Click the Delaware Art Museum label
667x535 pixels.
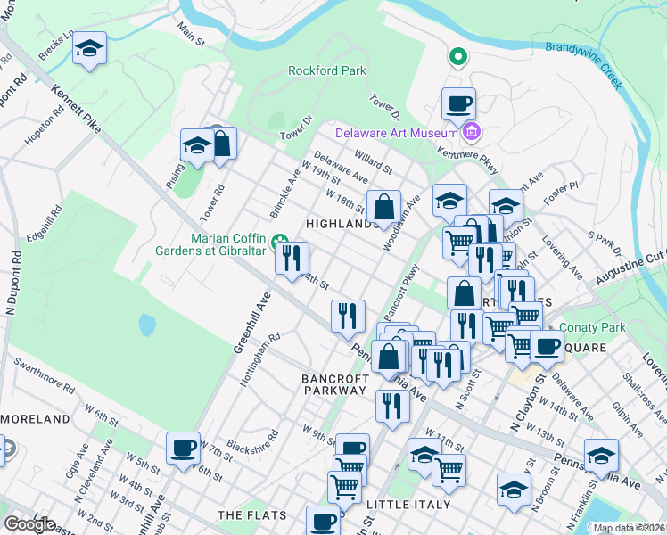396,134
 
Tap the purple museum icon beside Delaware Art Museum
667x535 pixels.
472,134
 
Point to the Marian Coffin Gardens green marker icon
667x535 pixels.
278,238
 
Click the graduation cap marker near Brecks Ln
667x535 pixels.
89,48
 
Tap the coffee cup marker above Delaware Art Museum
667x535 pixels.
458,103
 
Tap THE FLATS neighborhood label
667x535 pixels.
252,515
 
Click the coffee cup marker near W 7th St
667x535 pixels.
184,448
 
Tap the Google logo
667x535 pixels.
29,524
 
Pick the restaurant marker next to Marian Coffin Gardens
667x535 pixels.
292,259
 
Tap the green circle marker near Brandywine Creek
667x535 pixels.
458,58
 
